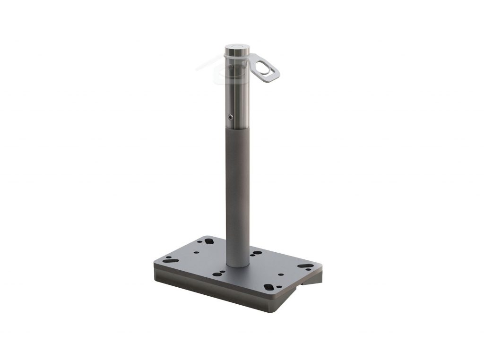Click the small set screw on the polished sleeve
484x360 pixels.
click(x=230, y=117)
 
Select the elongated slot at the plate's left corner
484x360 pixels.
click(x=168, y=258)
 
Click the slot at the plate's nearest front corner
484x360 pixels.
click(x=268, y=287)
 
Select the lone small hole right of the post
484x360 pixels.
click(x=281, y=274)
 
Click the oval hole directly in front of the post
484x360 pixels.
click(x=218, y=273)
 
